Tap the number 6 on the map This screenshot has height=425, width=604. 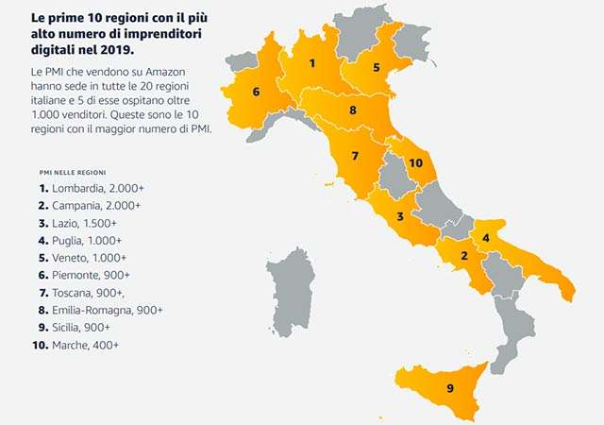tap(256, 92)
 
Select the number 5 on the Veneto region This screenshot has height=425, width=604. tap(376, 67)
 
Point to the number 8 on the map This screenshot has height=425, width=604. tap(352, 110)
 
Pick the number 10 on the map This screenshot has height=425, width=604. tap(414, 162)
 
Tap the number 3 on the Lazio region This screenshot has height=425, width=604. tap(400, 217)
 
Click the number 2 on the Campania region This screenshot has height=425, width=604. tap(464, 255)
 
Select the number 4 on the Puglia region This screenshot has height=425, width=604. tap(485, 236)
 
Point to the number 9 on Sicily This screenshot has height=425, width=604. tap(449, 388)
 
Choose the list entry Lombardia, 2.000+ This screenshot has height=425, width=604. tap(92, 188)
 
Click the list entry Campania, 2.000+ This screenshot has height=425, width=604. tap(93, 206)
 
